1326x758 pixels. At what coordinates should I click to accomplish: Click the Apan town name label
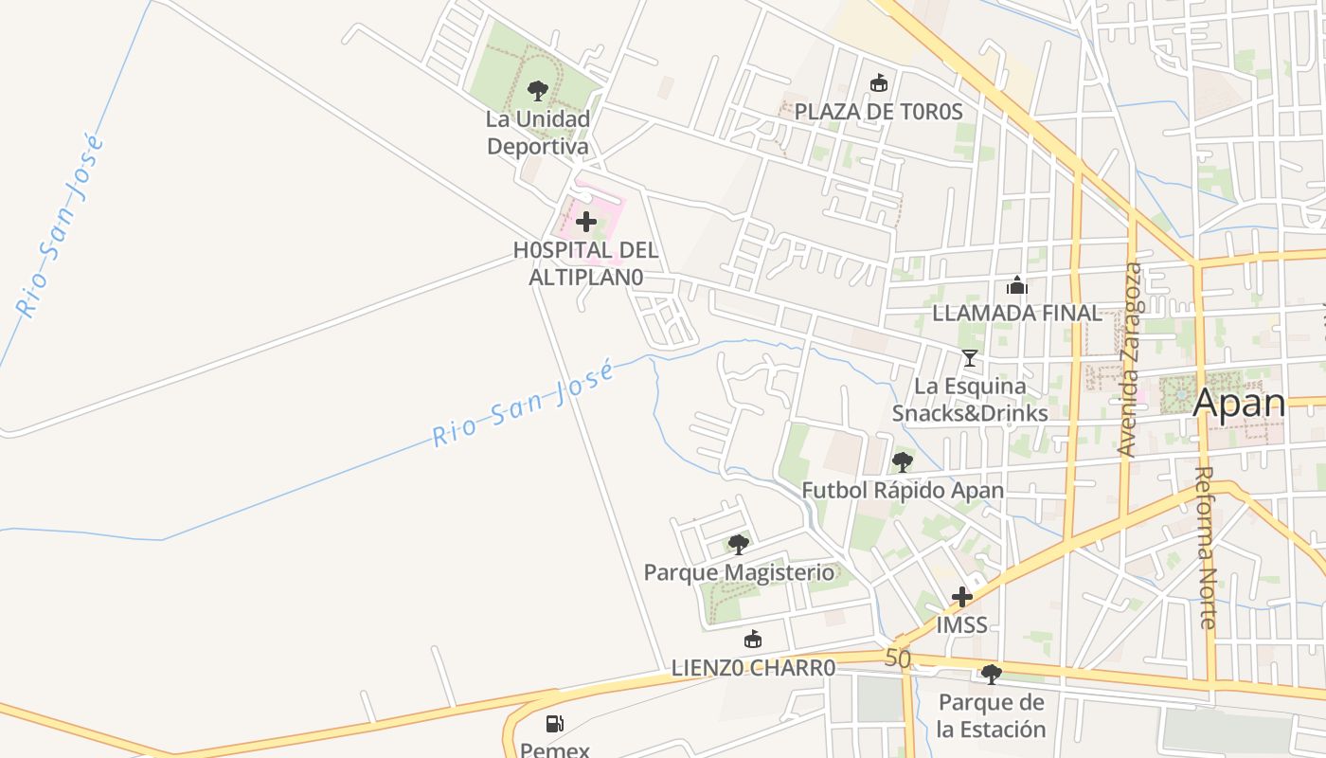point(1239,403)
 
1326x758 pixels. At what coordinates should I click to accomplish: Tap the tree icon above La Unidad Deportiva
point(538,91)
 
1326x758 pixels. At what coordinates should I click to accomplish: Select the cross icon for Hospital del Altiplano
point(586,223)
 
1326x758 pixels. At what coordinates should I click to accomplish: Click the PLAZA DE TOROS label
point(878,112)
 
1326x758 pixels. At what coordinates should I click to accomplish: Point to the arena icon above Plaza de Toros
point(879,83)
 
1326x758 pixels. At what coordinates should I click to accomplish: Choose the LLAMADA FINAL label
point(1017,313)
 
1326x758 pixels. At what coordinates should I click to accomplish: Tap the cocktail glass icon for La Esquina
point(969,358)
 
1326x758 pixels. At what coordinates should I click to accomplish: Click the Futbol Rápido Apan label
point(903,491)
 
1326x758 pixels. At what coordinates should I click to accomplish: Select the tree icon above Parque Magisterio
point(739,545)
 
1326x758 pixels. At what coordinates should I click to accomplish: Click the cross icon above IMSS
point(962,597)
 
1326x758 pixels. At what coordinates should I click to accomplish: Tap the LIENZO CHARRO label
point(753,668)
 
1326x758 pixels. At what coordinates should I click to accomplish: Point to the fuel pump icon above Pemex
point(555,725)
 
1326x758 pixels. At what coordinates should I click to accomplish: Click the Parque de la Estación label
point(992,715)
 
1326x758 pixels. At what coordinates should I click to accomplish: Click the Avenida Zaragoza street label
point(1129,360)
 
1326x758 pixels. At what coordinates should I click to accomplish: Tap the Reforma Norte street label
point(1205,547)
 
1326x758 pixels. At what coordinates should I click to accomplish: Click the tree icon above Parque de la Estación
point(992,675)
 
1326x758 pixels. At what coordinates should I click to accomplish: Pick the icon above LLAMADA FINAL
point(1017,285)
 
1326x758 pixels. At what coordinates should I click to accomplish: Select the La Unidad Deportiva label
point(537,133)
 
